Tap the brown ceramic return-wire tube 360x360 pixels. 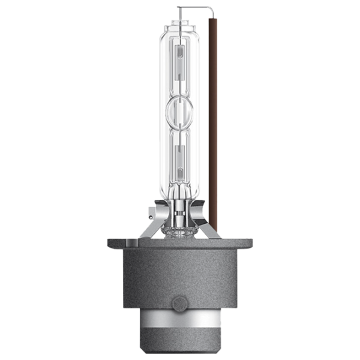click(x=211, y=120)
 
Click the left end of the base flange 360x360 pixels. click(x=110, y=244)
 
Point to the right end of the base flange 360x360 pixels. click(x=250, y=244)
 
